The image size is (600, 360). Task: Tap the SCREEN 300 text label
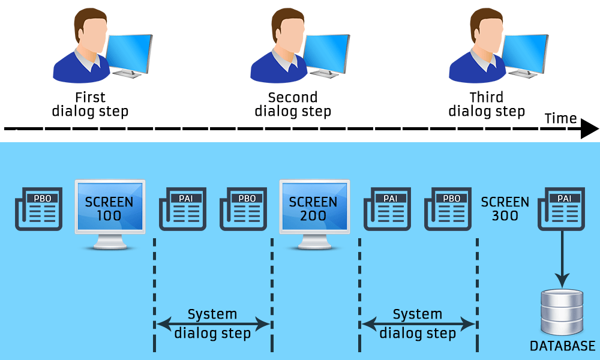click(505, 208)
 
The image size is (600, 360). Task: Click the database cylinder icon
click(562, 313)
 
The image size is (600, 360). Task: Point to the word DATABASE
click(562, 346)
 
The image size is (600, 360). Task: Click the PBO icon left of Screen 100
click(38, 209)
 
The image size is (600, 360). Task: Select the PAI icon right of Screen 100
click(182, 209)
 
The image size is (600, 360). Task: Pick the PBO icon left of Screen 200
click(243, 209)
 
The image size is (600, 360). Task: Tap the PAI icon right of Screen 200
click(387, 209)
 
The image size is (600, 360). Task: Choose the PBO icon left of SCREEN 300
click(448, 209)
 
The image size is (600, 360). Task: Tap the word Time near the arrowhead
click(560, 118)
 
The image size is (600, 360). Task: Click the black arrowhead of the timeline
click(589, 128)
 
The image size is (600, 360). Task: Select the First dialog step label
click(90, 104)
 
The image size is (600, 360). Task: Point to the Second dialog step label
click(293, 104)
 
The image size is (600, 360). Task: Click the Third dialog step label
click(487, 104)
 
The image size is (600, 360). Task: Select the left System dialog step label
click(212, 323)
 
